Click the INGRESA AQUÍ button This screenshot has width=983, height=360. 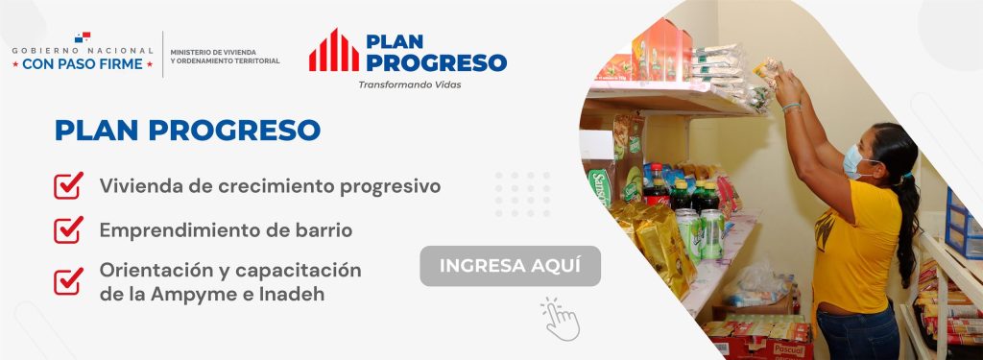coord(510,266)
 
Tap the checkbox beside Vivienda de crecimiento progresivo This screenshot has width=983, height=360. coord(68,185)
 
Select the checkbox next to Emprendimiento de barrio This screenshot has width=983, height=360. coord(68,230)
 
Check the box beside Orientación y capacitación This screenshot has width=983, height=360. coord(68,281)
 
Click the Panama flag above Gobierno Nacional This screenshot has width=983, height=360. coord(83,37)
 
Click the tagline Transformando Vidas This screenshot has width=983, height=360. coord(409,84)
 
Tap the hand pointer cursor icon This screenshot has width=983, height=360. coord(561,320)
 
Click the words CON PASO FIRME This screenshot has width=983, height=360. coord(83,64)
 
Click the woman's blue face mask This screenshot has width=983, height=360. coord(853,162)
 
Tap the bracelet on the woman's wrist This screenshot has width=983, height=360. coord(791,108)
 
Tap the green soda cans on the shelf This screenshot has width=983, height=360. coord(701,233)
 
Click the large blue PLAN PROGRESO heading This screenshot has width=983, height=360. coord(187,130)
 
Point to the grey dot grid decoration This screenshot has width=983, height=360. coord(523,195)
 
